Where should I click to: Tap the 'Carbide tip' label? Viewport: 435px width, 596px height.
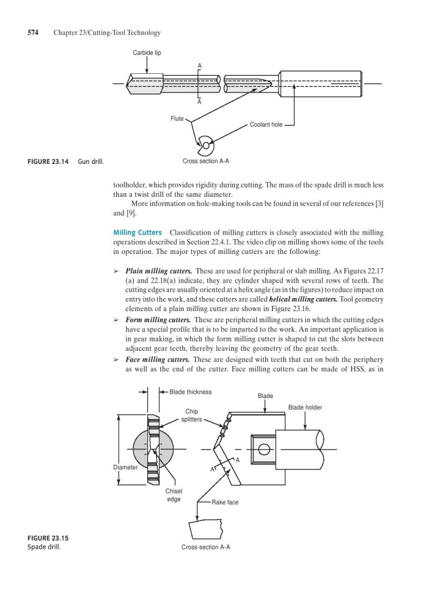click(147, 53)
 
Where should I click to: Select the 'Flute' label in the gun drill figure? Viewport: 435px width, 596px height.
click(177, 118)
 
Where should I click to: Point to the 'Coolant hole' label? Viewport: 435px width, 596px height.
click(266, 125)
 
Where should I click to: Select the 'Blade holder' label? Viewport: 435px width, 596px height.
click(305, 407)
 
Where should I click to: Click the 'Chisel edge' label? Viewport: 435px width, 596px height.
click(173, 494)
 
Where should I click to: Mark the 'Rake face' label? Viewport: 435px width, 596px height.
click(225, 502)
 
